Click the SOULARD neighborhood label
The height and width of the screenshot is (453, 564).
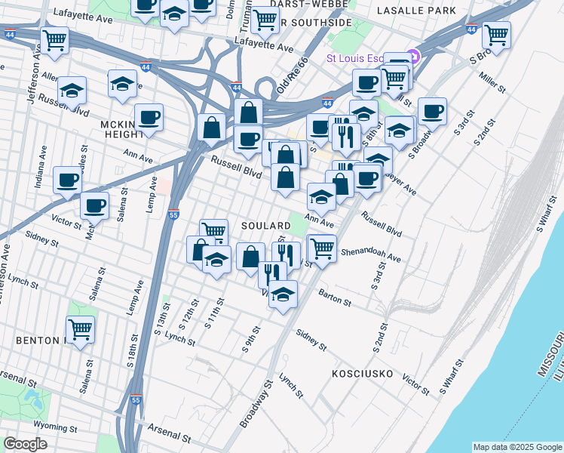click(265, 226)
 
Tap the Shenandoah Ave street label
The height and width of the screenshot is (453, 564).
click(371, 254)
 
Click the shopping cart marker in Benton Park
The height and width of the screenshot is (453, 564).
click(80, 328)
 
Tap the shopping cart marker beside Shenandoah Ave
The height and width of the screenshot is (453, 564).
click(322, 247)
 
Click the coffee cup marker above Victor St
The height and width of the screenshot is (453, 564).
click(95, 205)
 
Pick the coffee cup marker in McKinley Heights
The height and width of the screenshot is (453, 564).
click(149, 118)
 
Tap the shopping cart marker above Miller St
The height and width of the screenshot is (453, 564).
click(496, 34)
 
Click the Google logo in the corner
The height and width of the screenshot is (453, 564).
click(26, 444)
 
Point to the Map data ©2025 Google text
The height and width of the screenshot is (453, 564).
click(516, 447)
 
